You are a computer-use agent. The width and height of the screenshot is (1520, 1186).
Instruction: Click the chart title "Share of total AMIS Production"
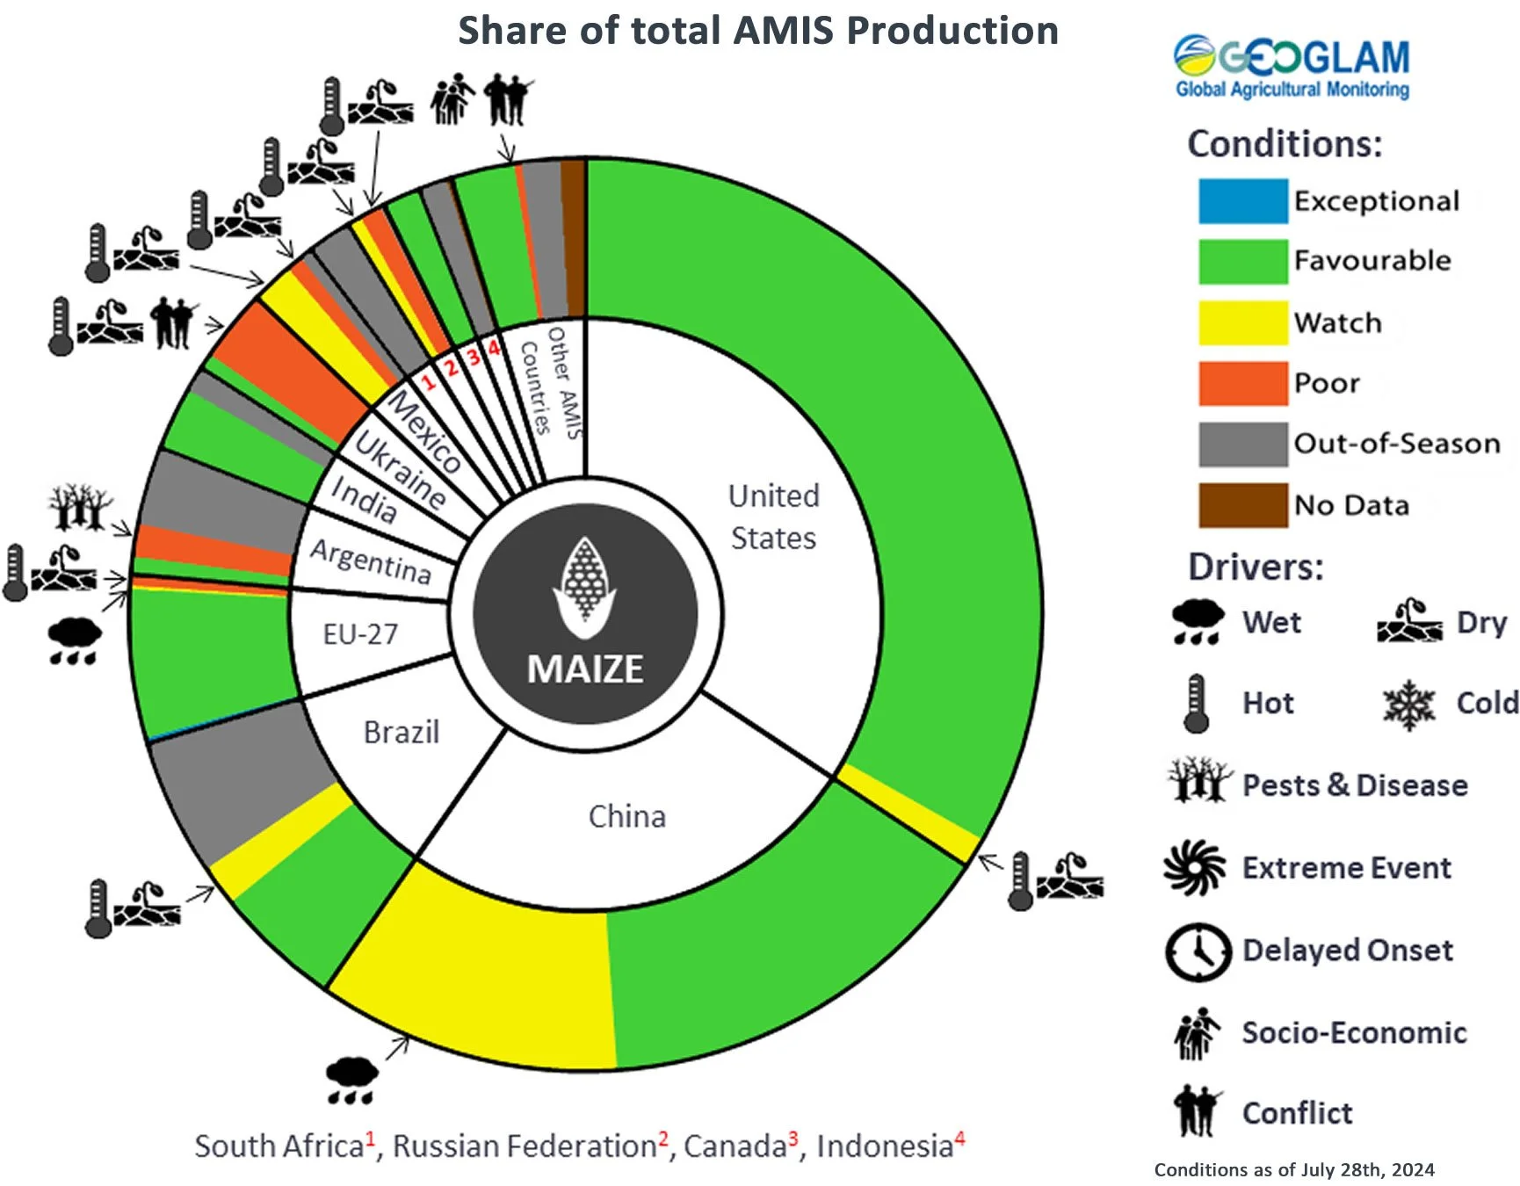point(757,31)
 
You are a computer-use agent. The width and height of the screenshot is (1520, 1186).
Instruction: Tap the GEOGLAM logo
point(1292,66)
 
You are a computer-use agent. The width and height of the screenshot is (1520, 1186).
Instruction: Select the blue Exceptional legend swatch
point(1242,201)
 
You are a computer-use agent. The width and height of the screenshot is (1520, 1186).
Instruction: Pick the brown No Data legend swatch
point(1242,505)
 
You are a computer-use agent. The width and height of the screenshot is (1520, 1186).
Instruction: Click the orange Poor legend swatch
point(1242,384)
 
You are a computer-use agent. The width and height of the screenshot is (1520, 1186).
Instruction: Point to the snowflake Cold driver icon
point(1408,704)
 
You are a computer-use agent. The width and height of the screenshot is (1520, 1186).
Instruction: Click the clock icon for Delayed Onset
point(1198,951)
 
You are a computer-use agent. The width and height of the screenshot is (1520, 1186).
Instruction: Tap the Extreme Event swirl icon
point(1195,868)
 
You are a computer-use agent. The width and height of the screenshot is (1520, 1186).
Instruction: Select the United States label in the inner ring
point(773,517)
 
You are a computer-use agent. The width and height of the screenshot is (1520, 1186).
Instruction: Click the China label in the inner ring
point(626,816)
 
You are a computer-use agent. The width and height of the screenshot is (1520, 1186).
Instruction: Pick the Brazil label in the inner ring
point(402,732)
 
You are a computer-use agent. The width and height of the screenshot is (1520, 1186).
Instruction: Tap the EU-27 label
point(360,633)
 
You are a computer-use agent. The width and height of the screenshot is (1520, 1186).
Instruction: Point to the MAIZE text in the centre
point(585,669)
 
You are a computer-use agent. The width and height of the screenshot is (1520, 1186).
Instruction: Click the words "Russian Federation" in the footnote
point(524,1146)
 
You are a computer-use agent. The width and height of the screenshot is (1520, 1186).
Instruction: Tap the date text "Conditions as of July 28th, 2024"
point(1293,1170)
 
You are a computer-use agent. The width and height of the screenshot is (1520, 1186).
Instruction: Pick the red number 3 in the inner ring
point(474,357)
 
